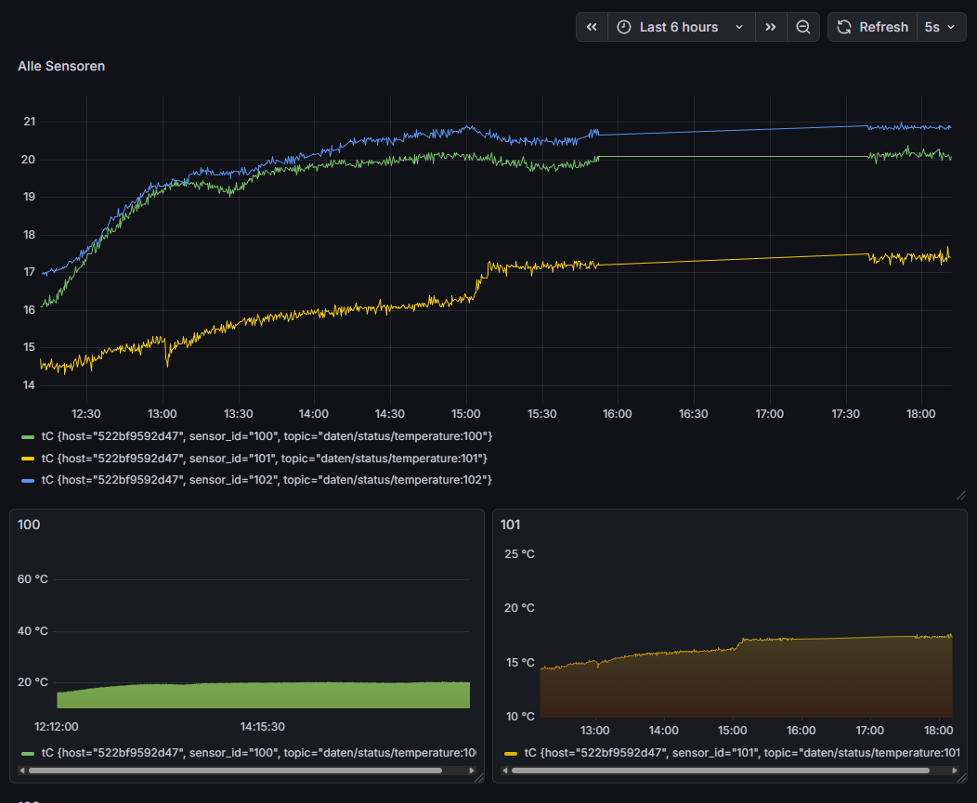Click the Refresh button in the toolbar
(872, 27)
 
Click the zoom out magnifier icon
(803, 27)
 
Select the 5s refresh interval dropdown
(938, 27)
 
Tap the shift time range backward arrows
(592, 27)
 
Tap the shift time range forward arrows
(770, 27)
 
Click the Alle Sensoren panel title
(61, 66)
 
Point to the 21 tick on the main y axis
(30, 122)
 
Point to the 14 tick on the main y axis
(30, 385)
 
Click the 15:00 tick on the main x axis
(465, 414)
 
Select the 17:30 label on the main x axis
(845, 414)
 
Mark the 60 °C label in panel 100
(33, 579)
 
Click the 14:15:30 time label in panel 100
(262, 727)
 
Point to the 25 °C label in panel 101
(519, 554)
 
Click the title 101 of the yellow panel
(510, 525)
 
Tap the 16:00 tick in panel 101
(801, 731)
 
